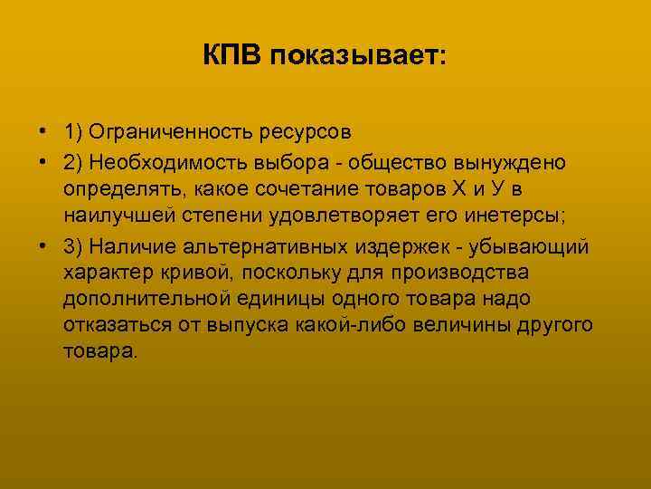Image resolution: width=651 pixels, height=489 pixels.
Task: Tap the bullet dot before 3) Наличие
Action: click(x=43, y=246)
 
